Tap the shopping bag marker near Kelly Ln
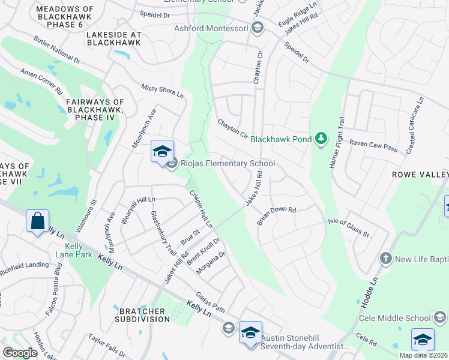pyautogui.click(x=37, y=221)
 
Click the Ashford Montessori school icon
pyautogui.click(x=258, y=28)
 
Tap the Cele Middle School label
pyautogui.click(x=395, y=318)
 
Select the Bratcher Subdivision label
pyautogui.click(x=142, y=315)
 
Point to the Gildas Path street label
pyautogui.click(x=210, y=303)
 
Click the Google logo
pyautogui.click(x=20, y=353)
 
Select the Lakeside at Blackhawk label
pyautogui.click(x=113, y=38)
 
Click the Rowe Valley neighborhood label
pyautogui.click(x=420, y=174)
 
